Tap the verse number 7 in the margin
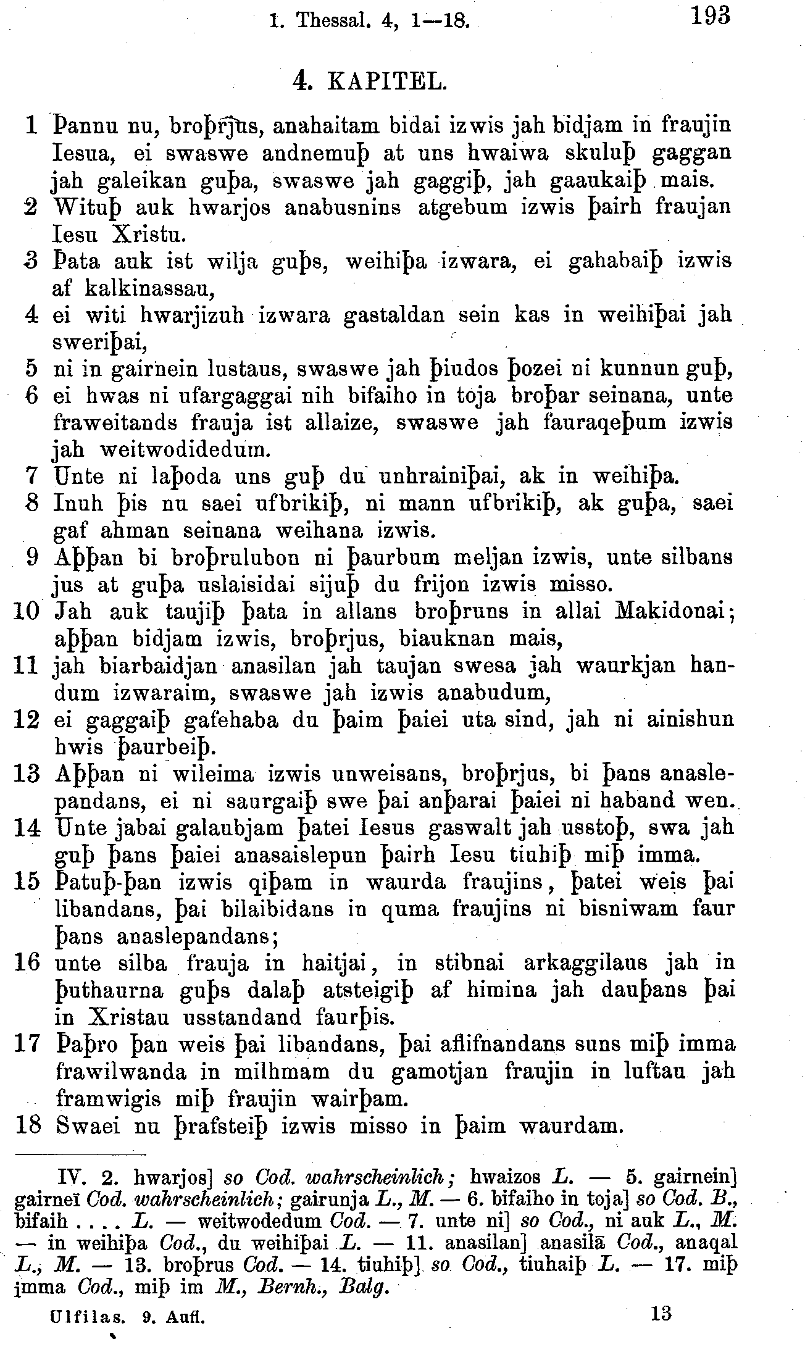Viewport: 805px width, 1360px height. (32, 476)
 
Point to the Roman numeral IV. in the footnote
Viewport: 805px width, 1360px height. (72, 1180)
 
